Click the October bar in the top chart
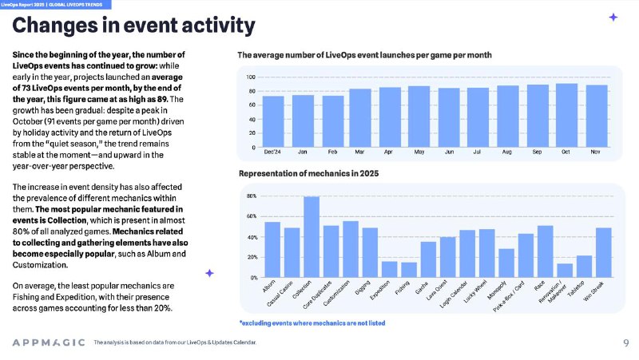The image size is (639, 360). point(566,115)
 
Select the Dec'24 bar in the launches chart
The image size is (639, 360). point(273,121)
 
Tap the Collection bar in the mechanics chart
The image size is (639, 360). point(312,237)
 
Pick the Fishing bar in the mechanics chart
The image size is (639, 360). point(409,270)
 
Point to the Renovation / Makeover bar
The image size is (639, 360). point(565,271)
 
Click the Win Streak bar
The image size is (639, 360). point(604,252)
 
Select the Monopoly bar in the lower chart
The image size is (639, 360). point(506,263)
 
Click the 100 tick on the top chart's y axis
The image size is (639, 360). point(251,77)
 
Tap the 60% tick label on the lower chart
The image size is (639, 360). point(252,216)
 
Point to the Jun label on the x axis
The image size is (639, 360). point(449,152)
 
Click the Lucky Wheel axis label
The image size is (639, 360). point(475,291)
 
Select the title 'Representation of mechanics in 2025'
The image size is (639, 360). point(308,173)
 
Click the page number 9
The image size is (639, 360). point(626,343)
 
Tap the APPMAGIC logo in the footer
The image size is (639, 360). point(49,342)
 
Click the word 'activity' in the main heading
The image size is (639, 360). point(218,26)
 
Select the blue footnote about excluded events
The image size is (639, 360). point(312,323)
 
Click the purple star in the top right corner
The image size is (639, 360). point(613,17)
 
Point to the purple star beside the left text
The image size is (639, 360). point(209,273)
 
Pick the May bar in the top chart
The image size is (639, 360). point(419,117)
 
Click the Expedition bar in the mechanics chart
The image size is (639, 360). point(389,269)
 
